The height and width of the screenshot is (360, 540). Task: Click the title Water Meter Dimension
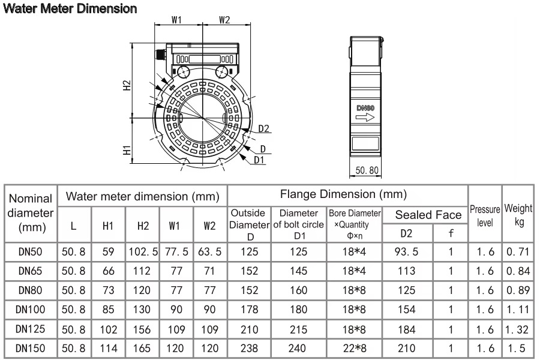[x=70, y=8]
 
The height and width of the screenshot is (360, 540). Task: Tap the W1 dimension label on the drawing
[x=176, y=20]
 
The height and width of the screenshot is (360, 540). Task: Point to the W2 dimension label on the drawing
[x=224, y=20]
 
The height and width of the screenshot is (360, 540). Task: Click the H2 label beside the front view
[x=127, y=85]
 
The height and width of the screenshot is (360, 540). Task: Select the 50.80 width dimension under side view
[x=367, y=170]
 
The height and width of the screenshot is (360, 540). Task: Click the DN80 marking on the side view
[x=365, y=108]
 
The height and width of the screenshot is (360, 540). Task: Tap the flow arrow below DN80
[x=365, y=118]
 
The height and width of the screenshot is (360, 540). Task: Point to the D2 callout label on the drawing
[x=263, y=128]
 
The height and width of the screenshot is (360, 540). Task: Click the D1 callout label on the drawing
[x=259, y=160]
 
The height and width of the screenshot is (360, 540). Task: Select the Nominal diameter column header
[x=31, y=212]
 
